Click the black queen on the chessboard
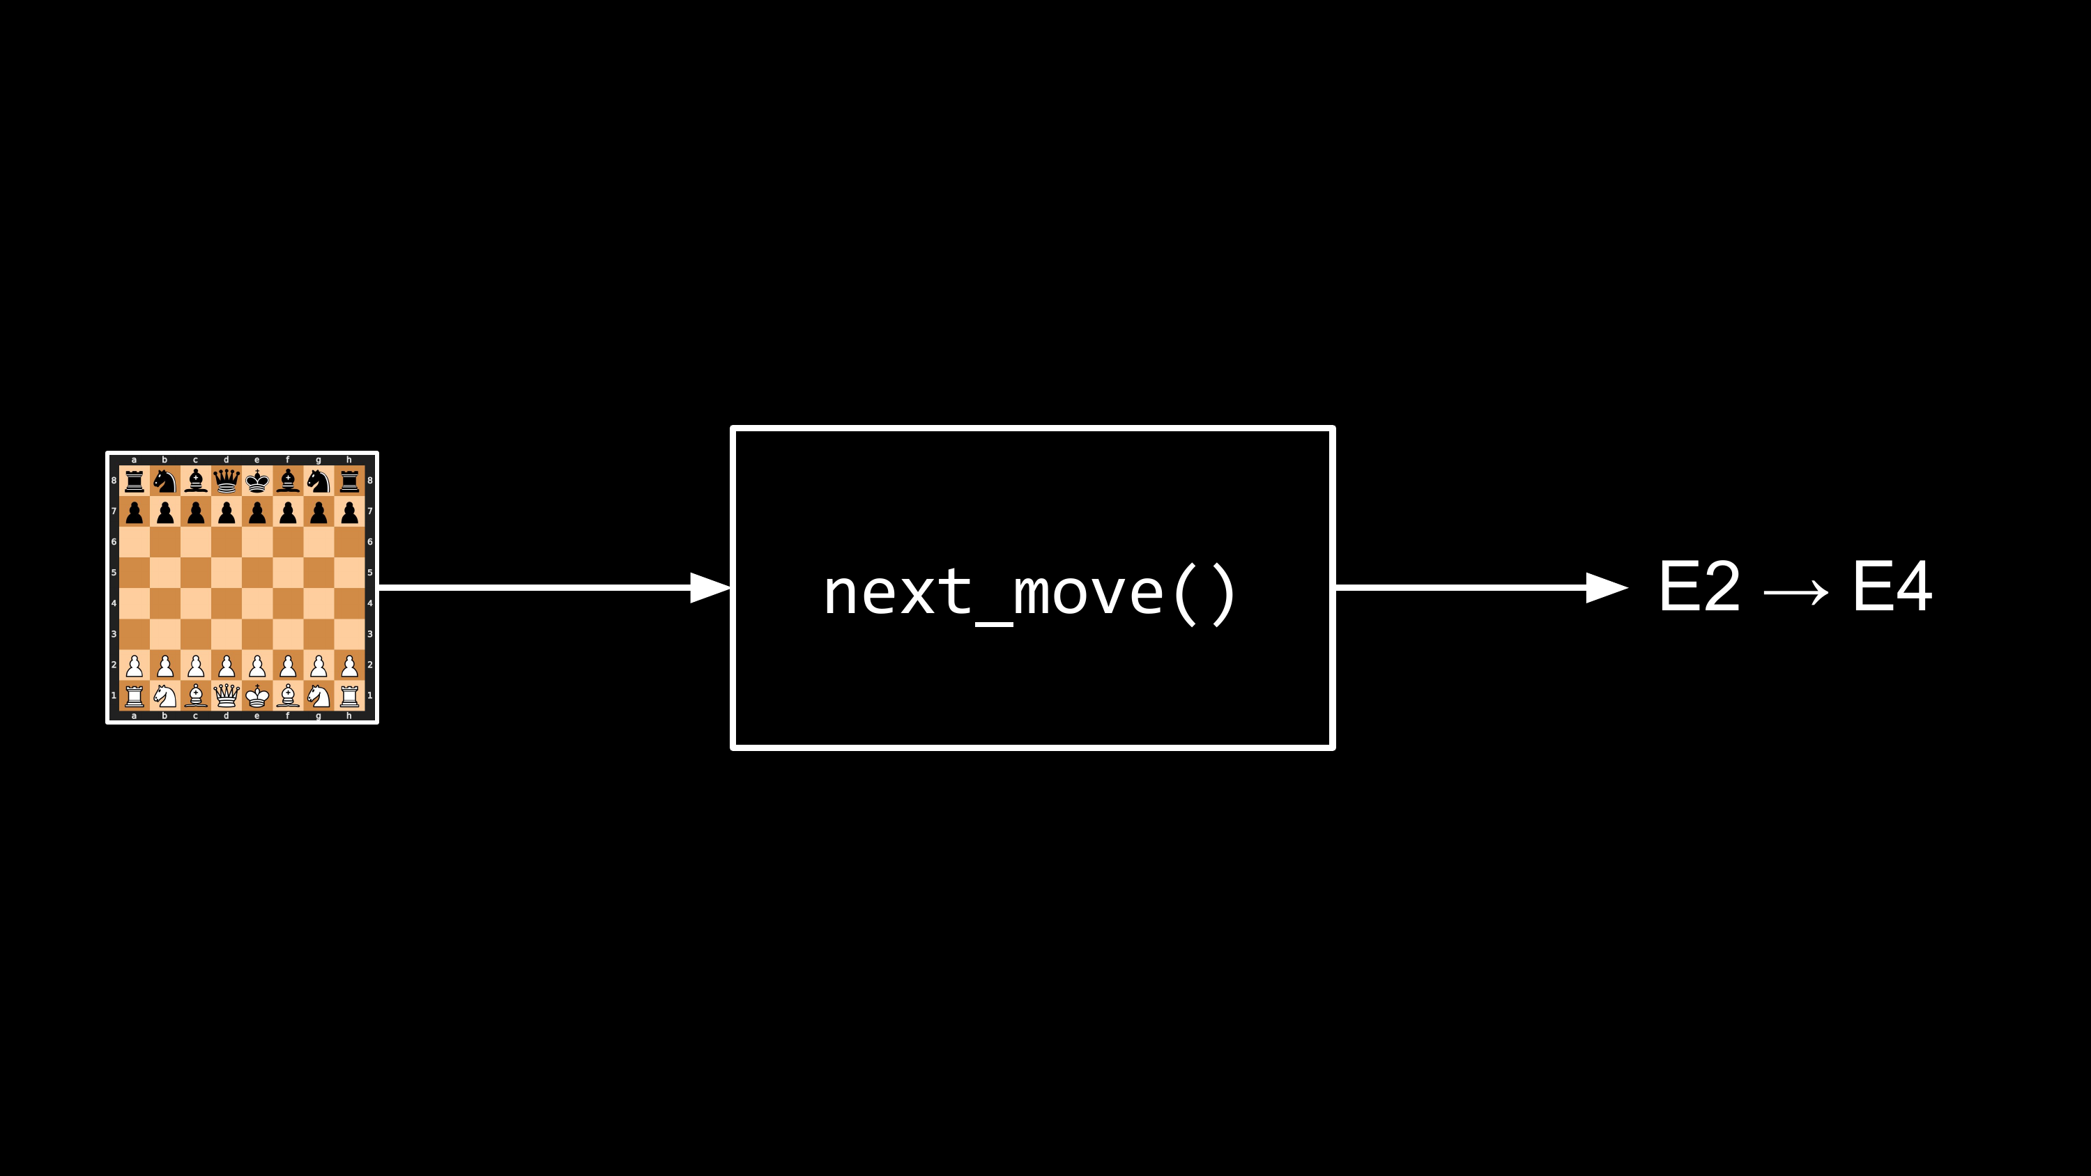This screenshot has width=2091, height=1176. (x=227, y=481)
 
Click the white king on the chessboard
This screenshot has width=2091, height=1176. (x=257, y=695)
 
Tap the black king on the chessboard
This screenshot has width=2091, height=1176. (x=257, y=481)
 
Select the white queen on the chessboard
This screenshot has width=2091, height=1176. (x=227, y=695)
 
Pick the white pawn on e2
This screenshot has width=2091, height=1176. (x=257, y=665)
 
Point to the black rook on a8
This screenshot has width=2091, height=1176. (x=135, y=481)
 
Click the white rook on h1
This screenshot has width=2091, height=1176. (x=349, y=695)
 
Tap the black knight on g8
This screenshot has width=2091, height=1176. (x=319, y=481)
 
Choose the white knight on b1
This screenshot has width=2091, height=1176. (x=164, y=695)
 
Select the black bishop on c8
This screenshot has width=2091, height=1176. (x=196, y=481)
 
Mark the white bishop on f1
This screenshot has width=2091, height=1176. (x=288, y=695)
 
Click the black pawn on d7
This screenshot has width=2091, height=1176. (x=227, y=512)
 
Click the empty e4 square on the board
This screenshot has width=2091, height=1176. (x=257, y=604)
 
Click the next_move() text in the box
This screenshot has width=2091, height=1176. (x=1030, y=596)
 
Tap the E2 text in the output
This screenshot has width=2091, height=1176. (x=1700, y=586)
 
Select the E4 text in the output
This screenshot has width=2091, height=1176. (x=1892, y=586)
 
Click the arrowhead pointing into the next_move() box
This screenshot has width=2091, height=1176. (x=710, y=587)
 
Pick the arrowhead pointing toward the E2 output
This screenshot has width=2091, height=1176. (x=1607, y=587)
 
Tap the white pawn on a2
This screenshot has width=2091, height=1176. (x=135, y=665)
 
